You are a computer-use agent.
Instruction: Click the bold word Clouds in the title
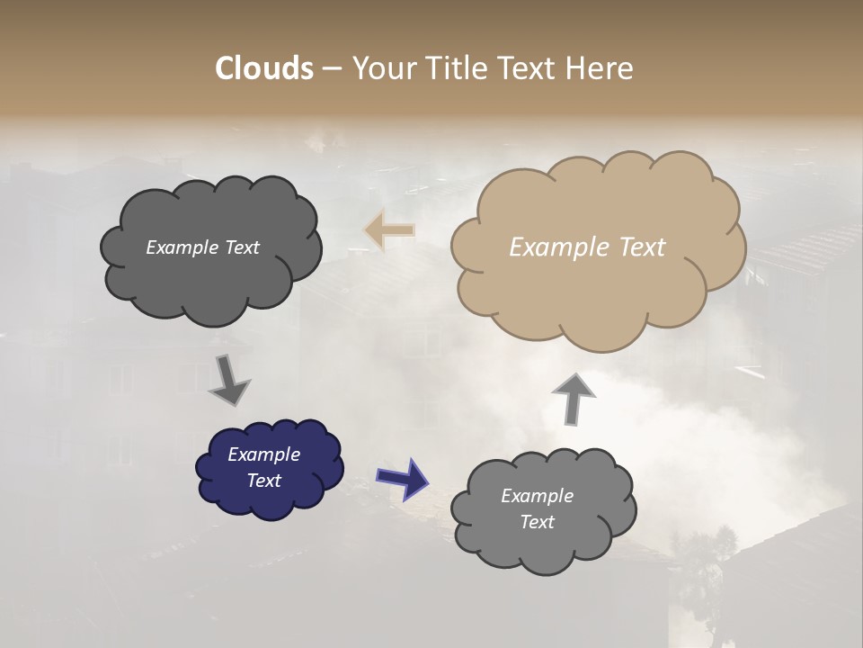click(263, 68)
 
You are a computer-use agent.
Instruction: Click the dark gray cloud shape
click(210, 279)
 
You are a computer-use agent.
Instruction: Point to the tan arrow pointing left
click(389, 230)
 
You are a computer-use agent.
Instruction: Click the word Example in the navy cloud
click(264, 454)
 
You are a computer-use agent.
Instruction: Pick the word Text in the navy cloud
click(264, 481)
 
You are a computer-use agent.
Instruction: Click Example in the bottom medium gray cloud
click(537, 496)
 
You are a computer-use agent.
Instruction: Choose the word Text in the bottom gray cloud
click(537, 522)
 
